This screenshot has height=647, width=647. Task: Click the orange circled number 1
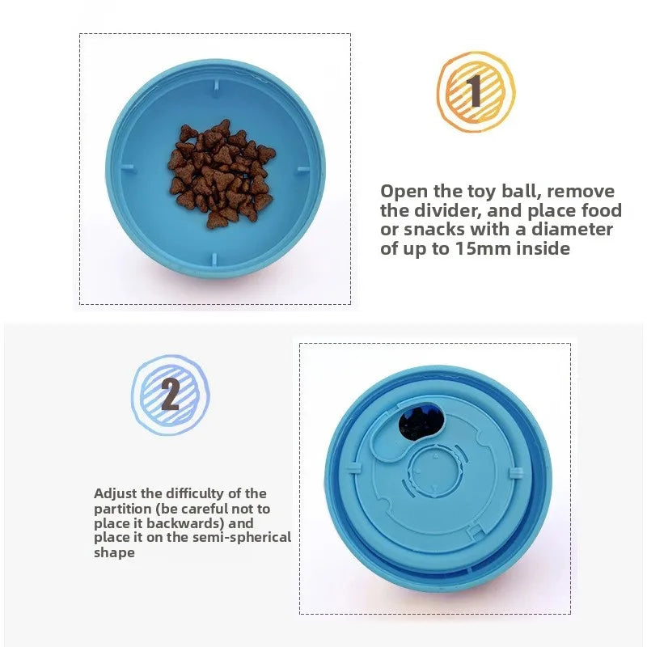pyautogui.click(x=476, y=91)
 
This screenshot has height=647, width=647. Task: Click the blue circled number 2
pyautogui.click(x=171, y=395)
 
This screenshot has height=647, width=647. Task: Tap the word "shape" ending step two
pyautogui.click(x=114, y=553)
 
